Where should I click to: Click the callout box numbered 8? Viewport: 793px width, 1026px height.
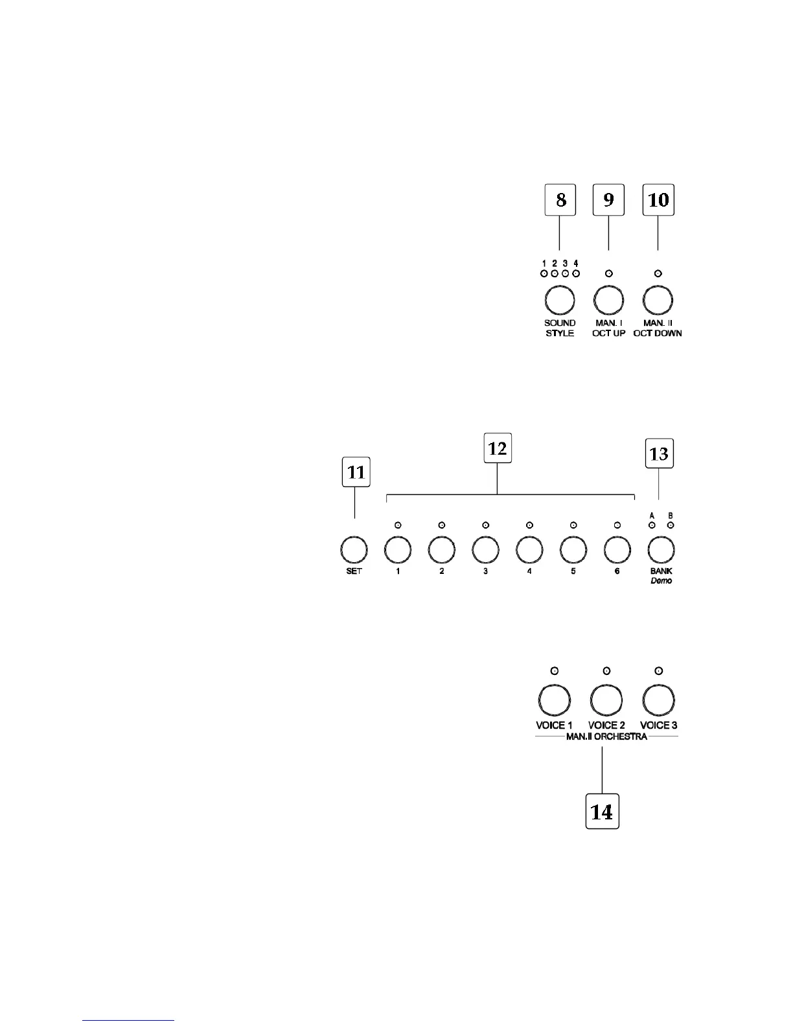click(560, 200)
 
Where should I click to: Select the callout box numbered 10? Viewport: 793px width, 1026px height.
click(658, 200)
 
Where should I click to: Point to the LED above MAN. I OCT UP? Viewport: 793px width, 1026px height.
click(608, 274)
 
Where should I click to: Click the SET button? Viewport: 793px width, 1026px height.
click(354, 550)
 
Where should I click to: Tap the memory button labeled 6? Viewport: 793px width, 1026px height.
click(617, 550)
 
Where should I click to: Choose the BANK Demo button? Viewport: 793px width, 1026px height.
click(661, 550)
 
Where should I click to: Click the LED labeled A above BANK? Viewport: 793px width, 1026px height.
click(652, 525)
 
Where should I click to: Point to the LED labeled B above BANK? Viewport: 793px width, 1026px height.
click(671, 525)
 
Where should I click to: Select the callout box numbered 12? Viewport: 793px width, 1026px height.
click(498, 448)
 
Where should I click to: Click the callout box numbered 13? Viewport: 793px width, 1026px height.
click(658, 454)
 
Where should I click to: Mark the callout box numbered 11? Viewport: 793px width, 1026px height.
click(356, 473)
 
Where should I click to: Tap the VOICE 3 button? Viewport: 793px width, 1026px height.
click(658, 700)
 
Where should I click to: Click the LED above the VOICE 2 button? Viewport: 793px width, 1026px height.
click(606, 671)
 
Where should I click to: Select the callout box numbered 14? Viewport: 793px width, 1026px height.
click(603, 812)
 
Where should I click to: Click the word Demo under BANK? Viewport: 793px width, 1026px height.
click(661, 581)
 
